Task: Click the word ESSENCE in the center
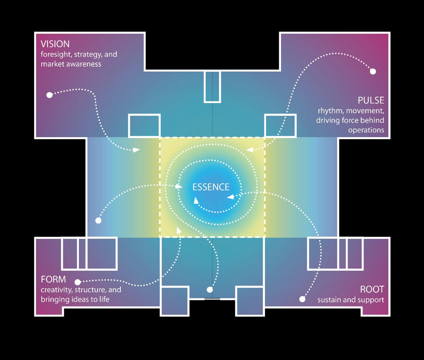[211, 187]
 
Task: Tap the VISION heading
[55, 44]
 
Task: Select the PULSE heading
[371, 100]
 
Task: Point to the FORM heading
[53, 280]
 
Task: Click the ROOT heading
[372, 289]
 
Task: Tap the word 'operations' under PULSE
[366, 130]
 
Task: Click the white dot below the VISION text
[49, 95]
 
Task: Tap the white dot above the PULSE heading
[373, 72]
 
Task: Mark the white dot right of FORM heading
[77, 282]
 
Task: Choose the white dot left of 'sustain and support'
[302, 299]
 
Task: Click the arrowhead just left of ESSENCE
[179, 186]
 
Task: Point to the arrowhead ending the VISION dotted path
[136, 150]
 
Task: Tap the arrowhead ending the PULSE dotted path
[250, 150]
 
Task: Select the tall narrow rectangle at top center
[212, 86]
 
